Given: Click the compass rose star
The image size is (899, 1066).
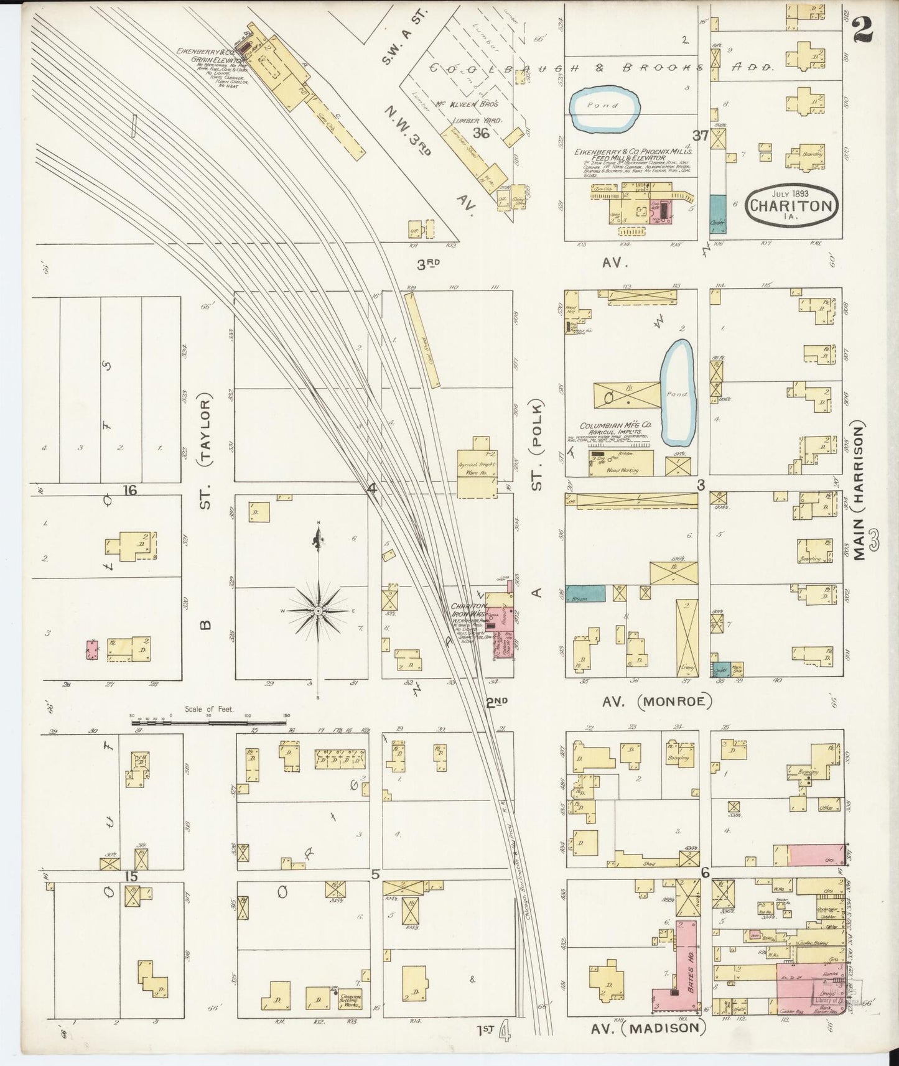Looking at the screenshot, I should pos(318,611).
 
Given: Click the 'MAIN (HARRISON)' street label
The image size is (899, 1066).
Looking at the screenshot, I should pos(860,491).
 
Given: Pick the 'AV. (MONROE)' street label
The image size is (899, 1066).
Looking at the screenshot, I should pos(656,702).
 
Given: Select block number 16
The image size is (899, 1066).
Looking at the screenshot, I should pos(129,490).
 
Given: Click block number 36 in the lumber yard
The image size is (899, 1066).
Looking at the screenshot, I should pos(480,132).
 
